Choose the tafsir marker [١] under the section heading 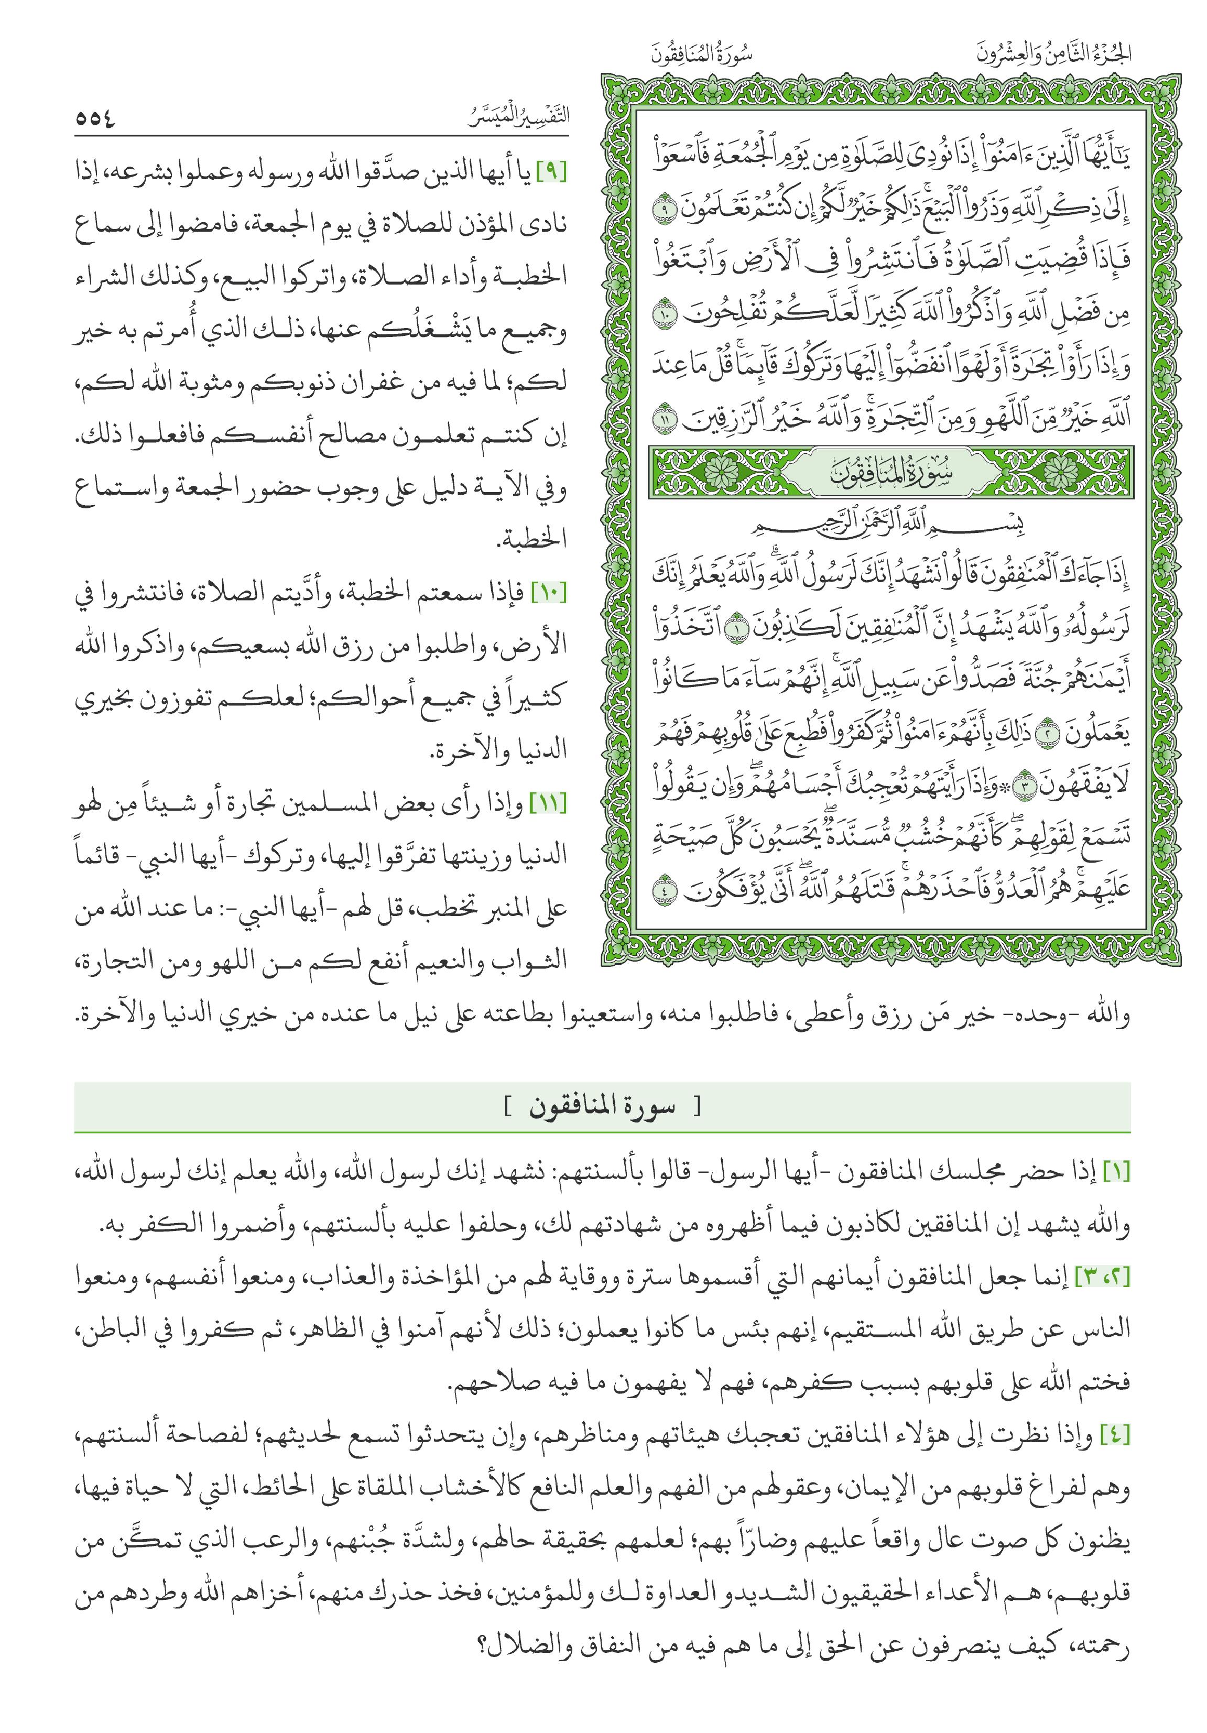coord(1116,1172)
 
